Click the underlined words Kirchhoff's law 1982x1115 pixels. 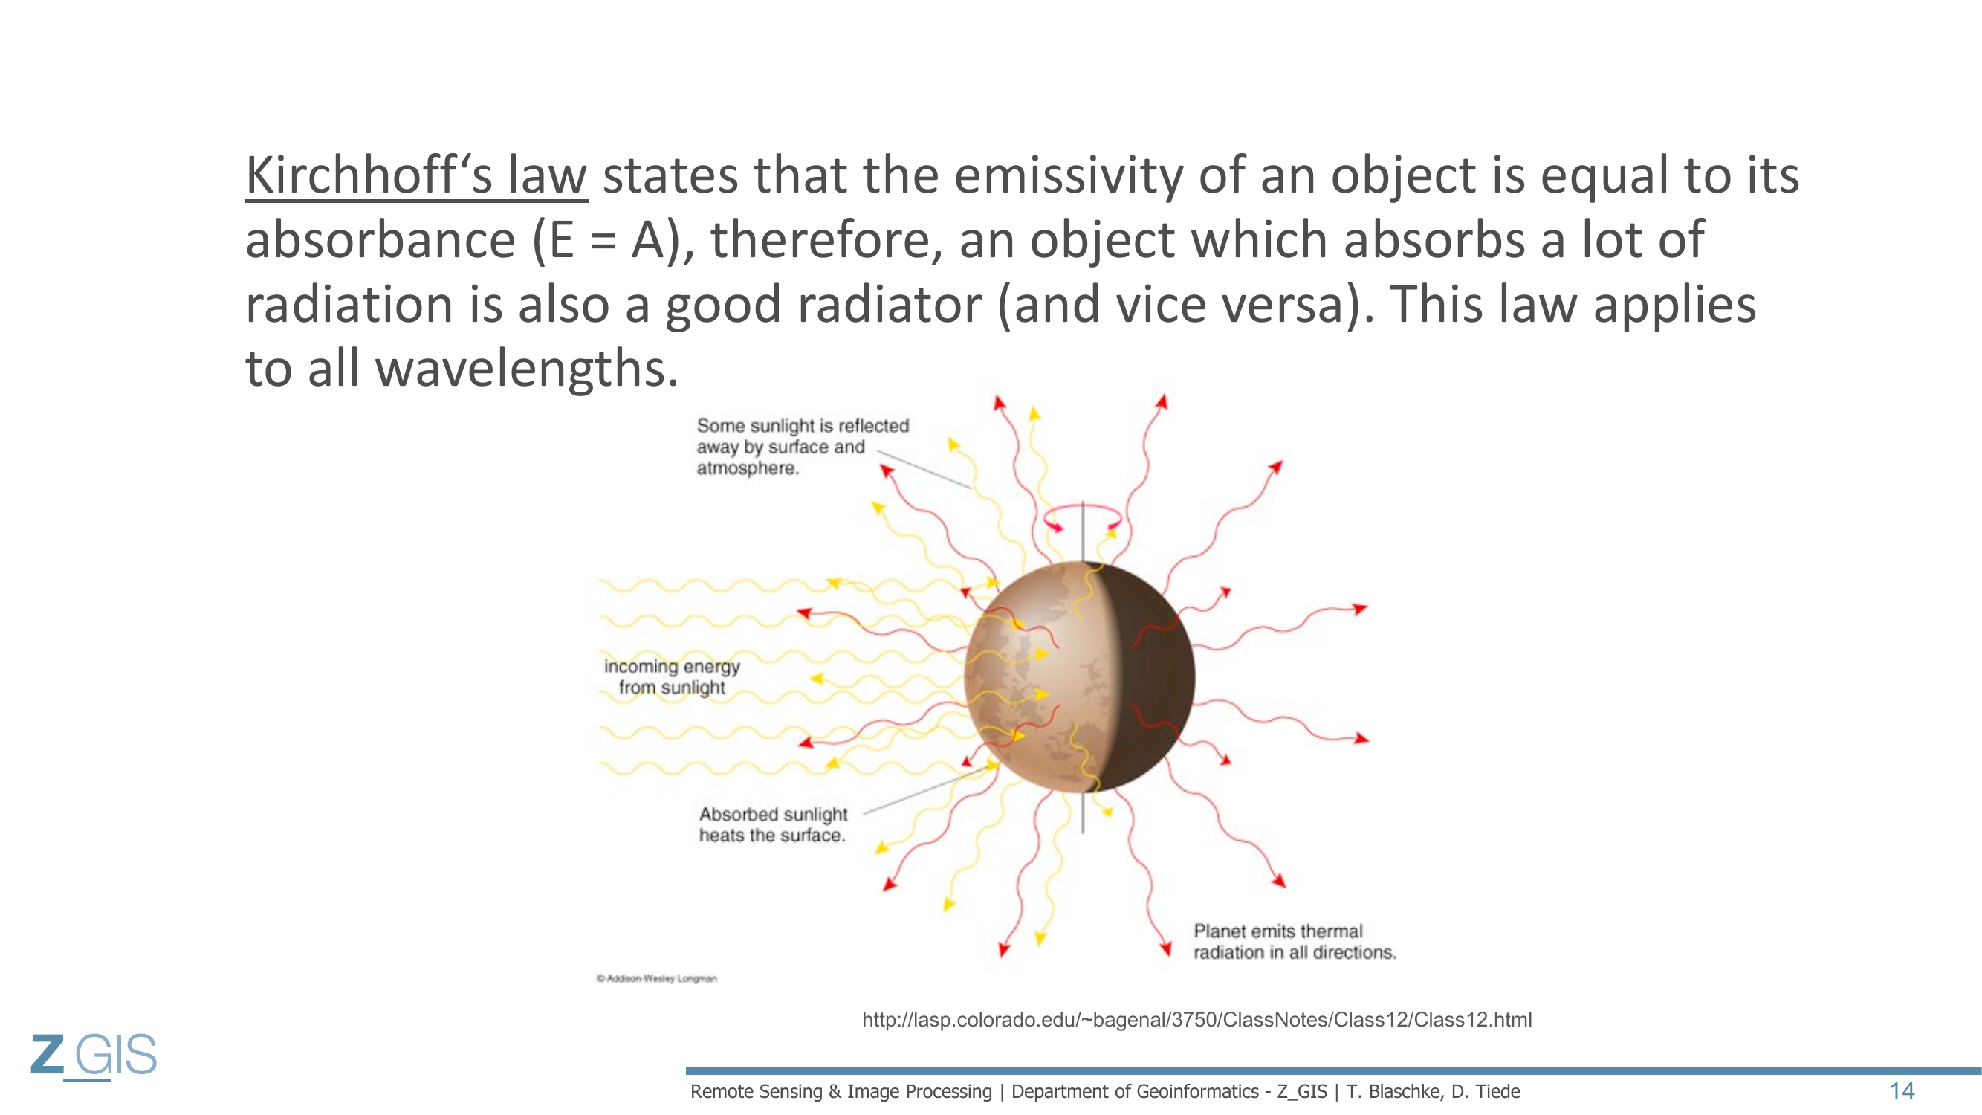click(x=416, y=175)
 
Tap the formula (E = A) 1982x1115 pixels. click(x=607, y=240)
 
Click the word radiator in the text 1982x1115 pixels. click(x=890, y=305)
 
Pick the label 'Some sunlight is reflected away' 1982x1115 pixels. click(x=803, y=446)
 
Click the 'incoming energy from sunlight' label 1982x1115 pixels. click(x=672, y=676)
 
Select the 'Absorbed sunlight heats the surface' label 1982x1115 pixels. click(x=772, y=824)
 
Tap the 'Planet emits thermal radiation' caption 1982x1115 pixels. click(x=1294, y=941)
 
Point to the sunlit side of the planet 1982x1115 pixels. click(x=1031, y=677)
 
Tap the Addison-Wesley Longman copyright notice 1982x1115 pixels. click(x=656, y=979)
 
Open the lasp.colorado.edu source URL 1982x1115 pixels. click(x=1196, y=1020)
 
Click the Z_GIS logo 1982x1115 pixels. click(x=94, y=1056)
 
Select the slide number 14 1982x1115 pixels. click(x=1902, y=1091)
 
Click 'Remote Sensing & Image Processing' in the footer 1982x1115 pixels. click(x=841, y=1091)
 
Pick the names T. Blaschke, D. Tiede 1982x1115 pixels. click(x=1433, y=1091)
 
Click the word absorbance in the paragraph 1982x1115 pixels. click(x=380, y=240)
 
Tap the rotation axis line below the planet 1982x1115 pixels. click(x=1083, y=812)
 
